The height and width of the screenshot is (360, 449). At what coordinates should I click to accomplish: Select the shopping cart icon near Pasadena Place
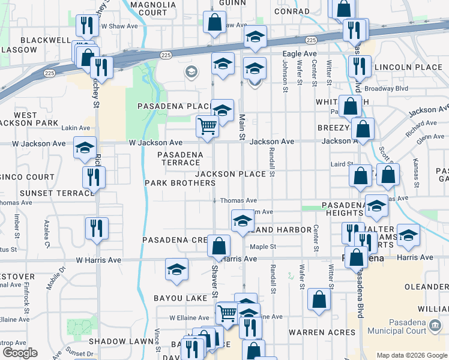point(207,127)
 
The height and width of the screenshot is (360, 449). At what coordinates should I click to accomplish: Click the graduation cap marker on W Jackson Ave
point(85,147)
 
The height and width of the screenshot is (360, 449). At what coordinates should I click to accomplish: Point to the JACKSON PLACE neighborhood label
point(231,174)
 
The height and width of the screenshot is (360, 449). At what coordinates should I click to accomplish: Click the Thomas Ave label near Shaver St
point(238,200)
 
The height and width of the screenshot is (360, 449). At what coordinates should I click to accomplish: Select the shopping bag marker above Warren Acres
point(319,299)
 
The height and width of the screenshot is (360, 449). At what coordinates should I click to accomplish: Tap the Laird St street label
point(342,164)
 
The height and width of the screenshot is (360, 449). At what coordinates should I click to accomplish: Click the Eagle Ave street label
point(299,54)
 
